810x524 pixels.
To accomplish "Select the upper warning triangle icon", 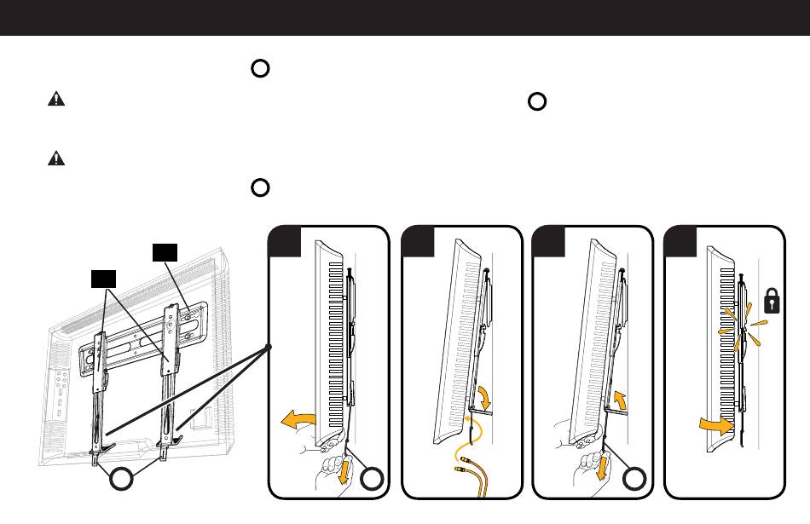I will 55,100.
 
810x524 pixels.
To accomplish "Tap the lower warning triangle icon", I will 55,158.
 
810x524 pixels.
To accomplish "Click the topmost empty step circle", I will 261,70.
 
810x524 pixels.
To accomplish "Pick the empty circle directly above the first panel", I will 261,187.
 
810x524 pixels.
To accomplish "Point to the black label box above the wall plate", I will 165,251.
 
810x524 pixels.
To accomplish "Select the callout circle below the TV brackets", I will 124,480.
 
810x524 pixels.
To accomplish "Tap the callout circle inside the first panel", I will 371,480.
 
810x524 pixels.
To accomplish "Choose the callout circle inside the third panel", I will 634,480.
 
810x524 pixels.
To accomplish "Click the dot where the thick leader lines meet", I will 268,348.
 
